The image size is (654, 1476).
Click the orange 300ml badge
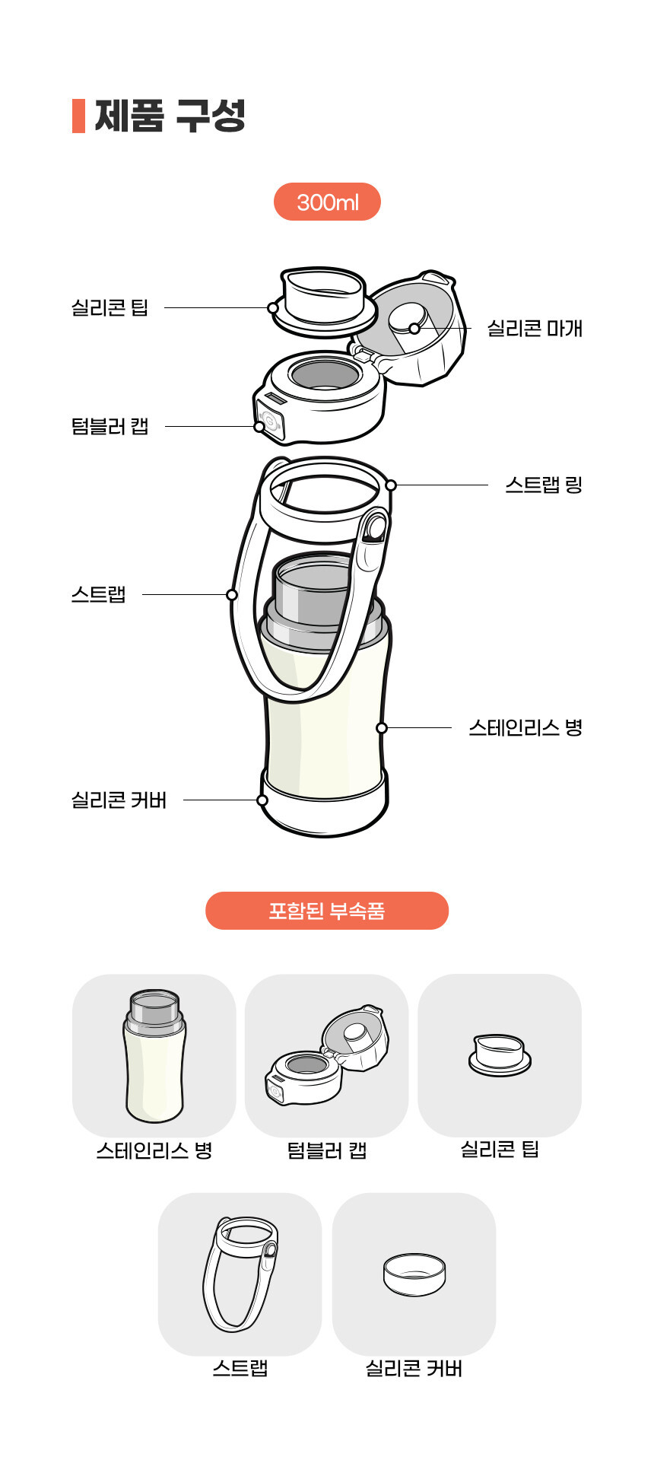point(327,202)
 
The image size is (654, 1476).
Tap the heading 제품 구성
point(170,116)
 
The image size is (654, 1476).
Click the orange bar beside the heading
point(78,116)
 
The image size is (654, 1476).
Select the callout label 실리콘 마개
point(535,329)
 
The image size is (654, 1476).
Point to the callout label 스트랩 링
point(544,485)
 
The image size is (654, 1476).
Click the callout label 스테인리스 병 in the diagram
point(525,728)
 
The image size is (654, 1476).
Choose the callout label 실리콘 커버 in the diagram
point(119,800)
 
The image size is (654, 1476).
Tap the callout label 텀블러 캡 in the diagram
point(110,426)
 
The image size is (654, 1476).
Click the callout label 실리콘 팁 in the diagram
point(110,308)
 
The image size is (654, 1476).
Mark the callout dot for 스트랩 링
point(391,485)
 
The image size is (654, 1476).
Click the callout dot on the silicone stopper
point(414,329)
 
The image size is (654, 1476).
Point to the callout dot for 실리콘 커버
point(262,800)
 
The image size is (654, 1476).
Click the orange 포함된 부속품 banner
point(327,911)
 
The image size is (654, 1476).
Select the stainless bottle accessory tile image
point(154,1056)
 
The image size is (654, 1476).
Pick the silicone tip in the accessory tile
point(500,1055)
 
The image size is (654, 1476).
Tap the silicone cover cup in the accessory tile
point(414,1275)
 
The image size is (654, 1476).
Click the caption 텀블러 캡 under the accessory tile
point(327,1150)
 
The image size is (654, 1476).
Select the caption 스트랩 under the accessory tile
point(240,1369)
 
